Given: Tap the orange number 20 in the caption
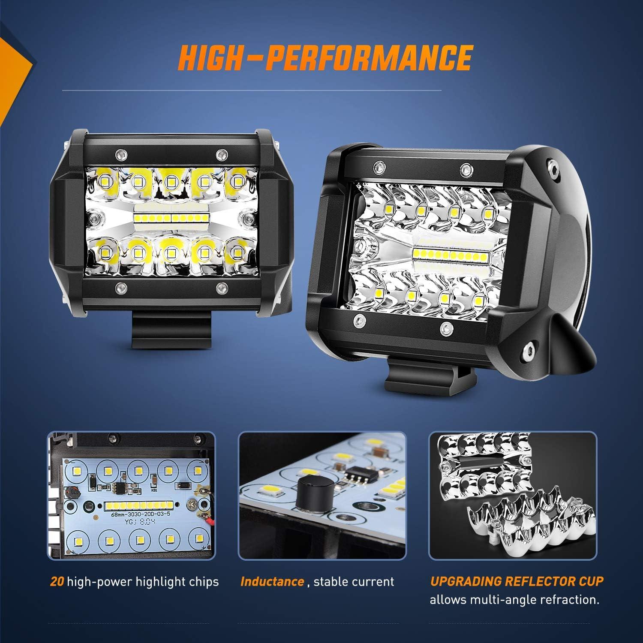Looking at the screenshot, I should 57,582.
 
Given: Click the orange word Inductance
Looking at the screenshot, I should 272,582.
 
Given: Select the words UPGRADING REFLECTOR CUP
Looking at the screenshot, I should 517,581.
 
